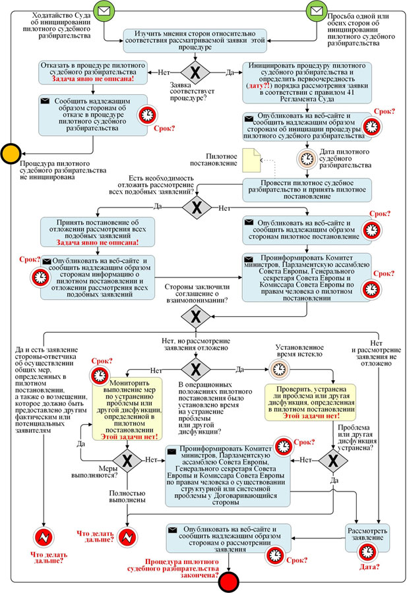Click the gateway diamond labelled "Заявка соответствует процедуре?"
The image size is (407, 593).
click(195, 72)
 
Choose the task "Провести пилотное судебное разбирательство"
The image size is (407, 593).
click(305, 189)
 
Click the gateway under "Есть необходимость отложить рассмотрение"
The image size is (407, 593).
click(195, 207)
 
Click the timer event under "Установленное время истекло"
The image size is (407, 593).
click(278, 368)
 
